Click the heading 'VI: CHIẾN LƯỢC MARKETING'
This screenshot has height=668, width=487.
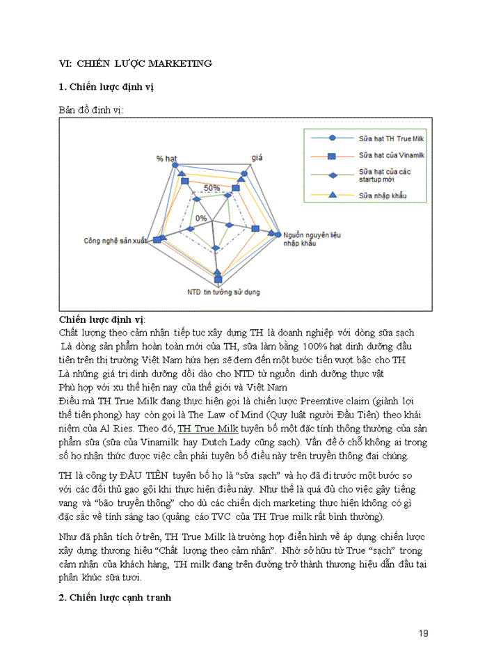[x=135, y=63]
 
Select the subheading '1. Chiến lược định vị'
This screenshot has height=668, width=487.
[x=106, y=87]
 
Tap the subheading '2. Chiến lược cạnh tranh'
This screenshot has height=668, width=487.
[x=114, y=598]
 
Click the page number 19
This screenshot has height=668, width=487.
[x=424, y=633]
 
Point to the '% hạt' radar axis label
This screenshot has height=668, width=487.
[x=166, y=159]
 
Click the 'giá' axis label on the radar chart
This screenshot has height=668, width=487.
[x=257, y=159]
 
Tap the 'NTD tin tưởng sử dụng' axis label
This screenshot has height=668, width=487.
[x=223, y=292]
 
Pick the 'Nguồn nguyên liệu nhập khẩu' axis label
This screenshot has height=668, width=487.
[x=312, y=241]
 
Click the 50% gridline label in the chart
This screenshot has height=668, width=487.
[x=211, y=188]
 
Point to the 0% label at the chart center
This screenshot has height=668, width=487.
[x=201, y=218]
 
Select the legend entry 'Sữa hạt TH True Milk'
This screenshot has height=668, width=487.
[x=390, y=140]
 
